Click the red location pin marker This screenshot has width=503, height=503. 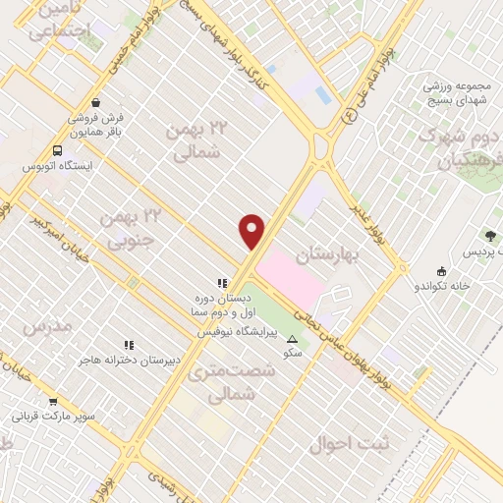252,232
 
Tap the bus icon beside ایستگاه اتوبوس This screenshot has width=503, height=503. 57,151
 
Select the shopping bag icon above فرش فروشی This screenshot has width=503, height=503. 94,101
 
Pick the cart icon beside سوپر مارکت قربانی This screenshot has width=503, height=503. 53,401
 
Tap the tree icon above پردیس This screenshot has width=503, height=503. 490,236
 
